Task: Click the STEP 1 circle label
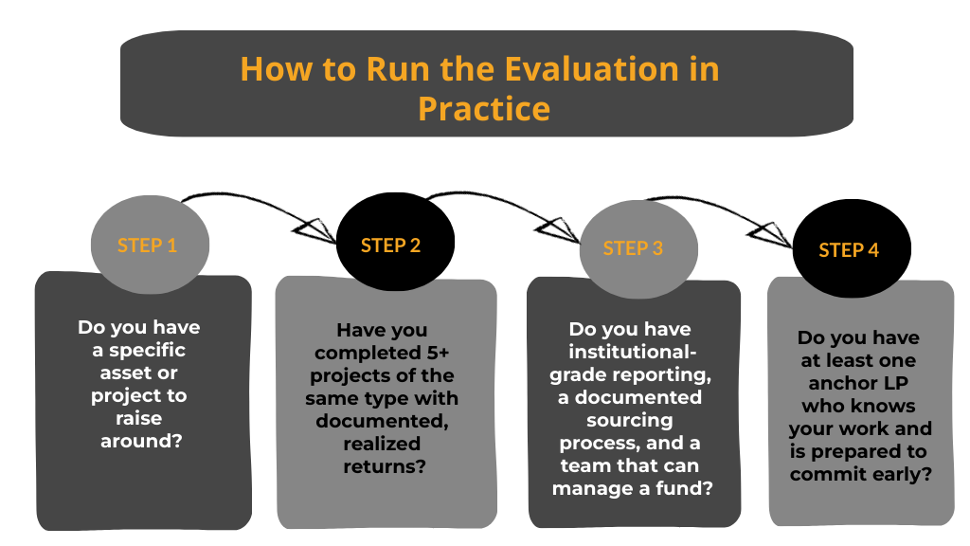147,246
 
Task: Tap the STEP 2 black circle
390,246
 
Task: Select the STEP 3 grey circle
633,248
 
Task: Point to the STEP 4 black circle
849,250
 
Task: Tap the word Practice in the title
484,107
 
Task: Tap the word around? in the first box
140,441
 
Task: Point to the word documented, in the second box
382,421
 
